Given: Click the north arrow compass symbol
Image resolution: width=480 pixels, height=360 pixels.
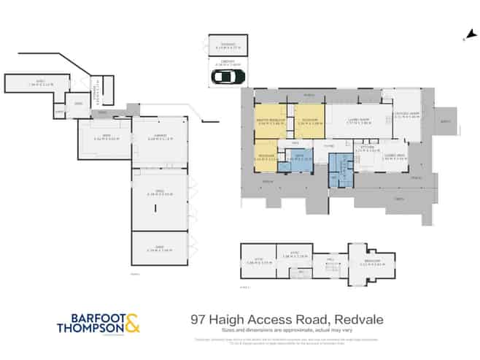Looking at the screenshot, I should click(467, 34).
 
